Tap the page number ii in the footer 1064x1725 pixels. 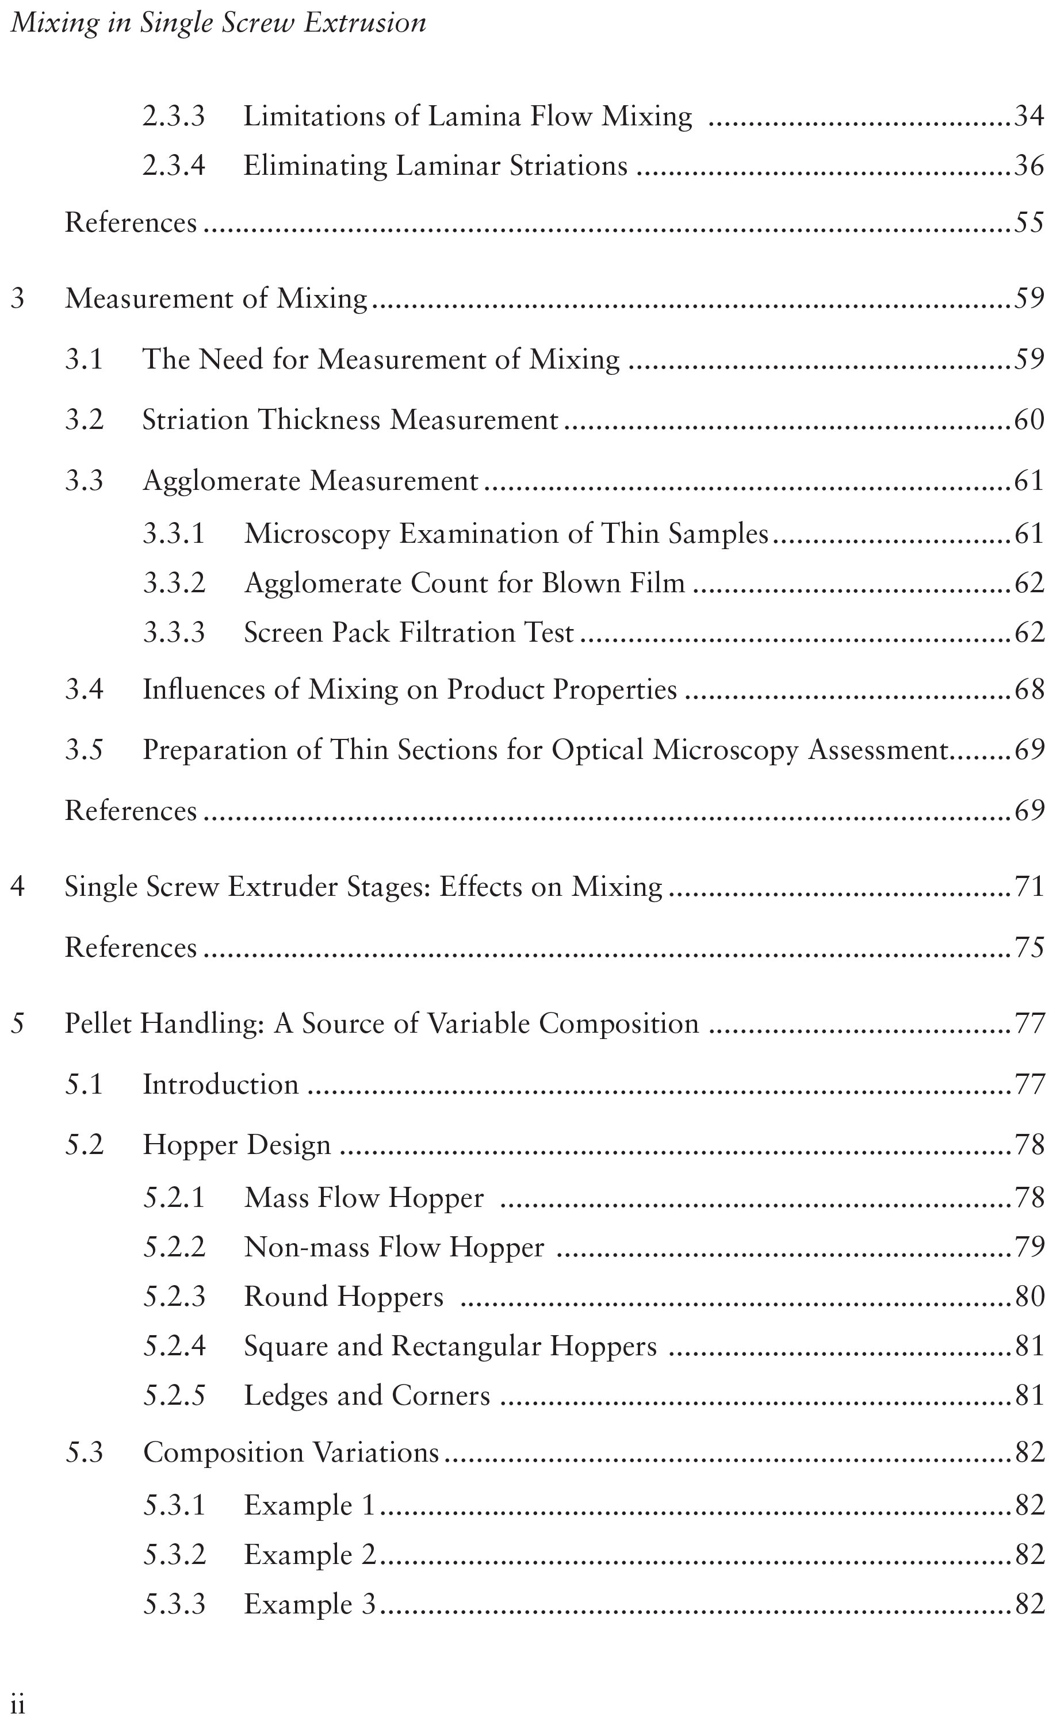(18, 1705)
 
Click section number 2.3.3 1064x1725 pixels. (174, 116)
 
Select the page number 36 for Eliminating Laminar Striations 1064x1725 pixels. (1029, 166)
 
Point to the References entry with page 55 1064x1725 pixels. (131, 223)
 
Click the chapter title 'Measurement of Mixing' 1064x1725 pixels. (216, 299)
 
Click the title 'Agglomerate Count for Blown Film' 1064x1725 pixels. (465, 583)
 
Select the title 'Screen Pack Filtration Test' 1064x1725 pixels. (409, 632)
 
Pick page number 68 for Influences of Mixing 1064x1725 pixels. (1029, 689)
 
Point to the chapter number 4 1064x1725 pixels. (18, 887)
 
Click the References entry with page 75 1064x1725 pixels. (131, 948)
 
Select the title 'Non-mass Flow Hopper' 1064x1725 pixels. (394, 1247)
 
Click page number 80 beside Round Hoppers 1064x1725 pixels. (1029, 1297)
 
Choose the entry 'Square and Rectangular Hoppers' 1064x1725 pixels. (450, 1346)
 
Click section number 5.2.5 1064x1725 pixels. (174, 1396)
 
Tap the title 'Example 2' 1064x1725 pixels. (309, 1555)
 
